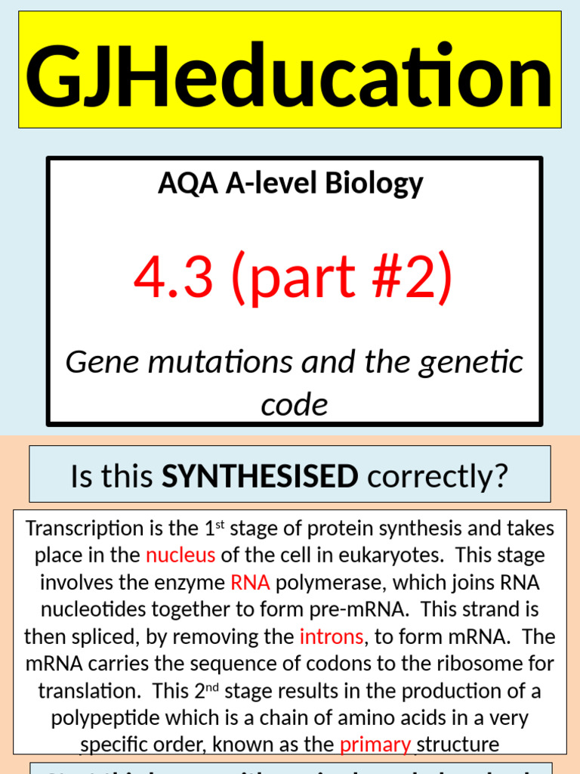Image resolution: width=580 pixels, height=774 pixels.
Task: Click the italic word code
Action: [x=295, y=405]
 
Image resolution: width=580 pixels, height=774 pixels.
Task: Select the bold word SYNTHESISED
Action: [x=260, y=476]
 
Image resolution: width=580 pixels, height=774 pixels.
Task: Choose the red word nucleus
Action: [x=180, y=556]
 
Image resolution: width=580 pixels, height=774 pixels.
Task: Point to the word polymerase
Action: [x=325, y=583]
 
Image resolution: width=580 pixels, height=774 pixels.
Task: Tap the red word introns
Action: [x=332, y=636]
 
